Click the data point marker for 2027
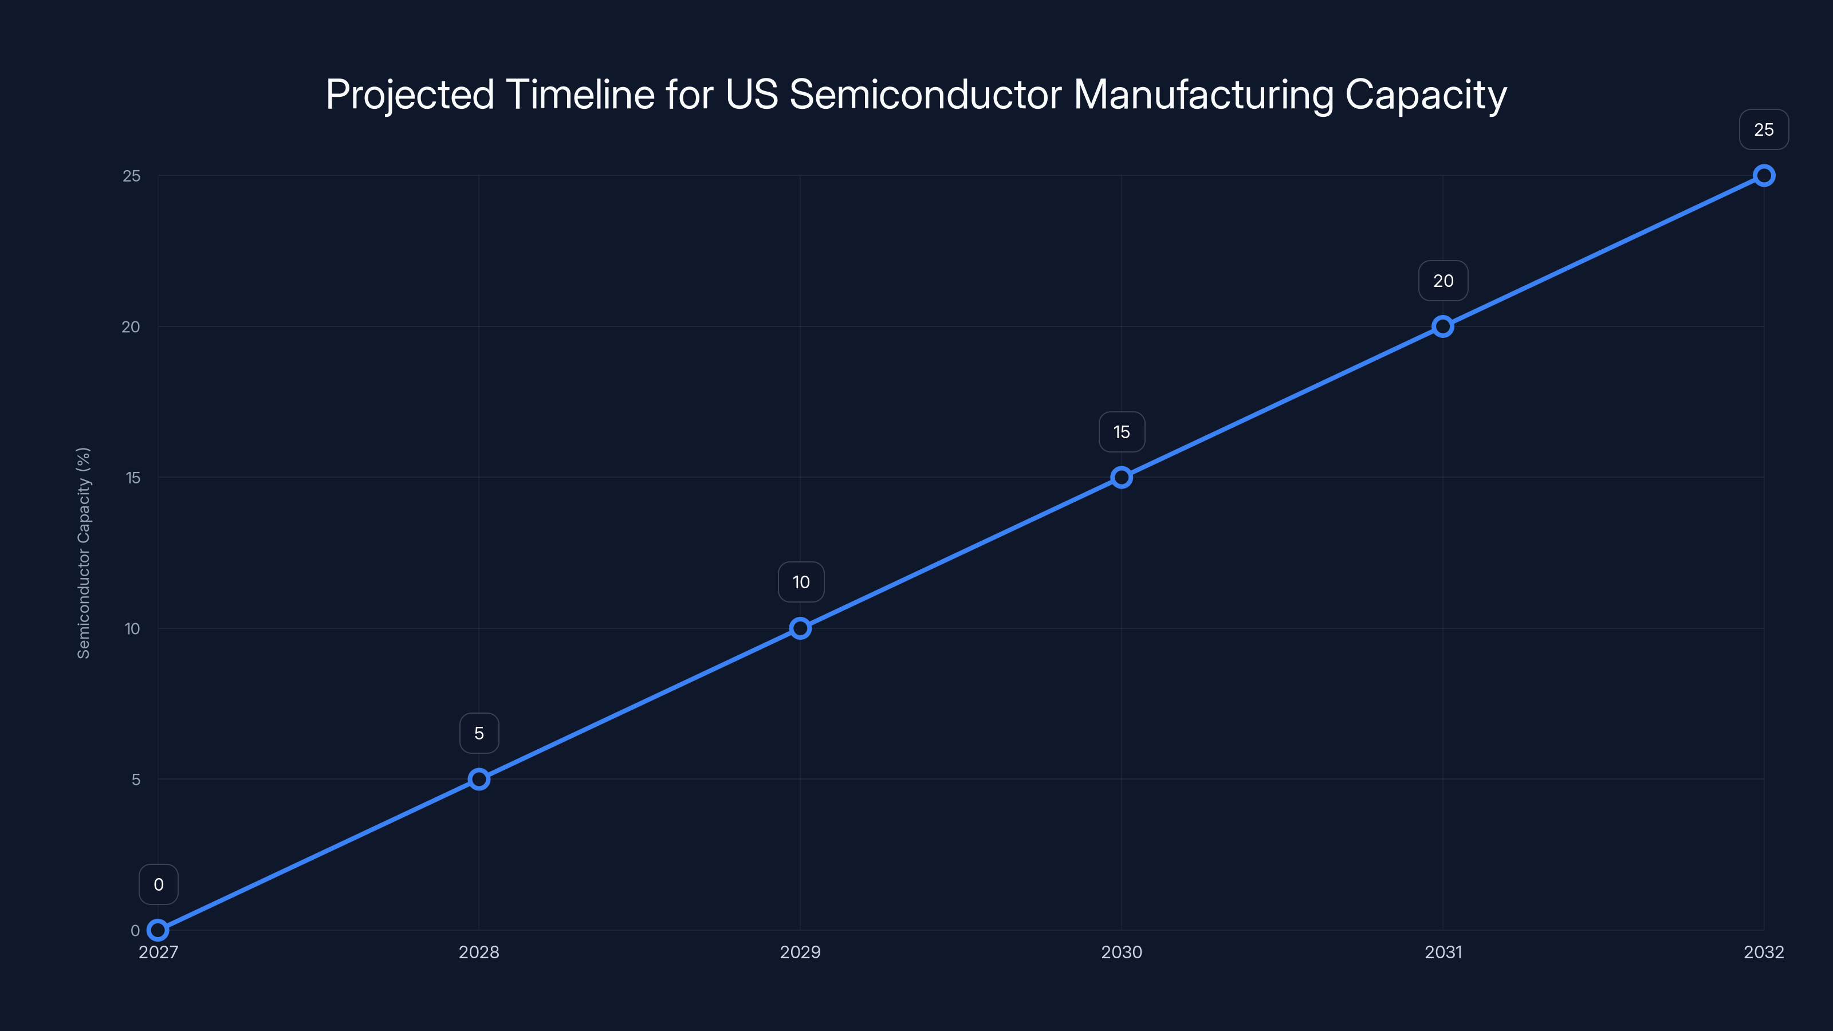[158, 930]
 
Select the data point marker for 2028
[479, 779]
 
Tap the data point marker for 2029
[801, 628]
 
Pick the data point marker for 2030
[1122, 478]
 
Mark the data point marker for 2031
[1443, 326]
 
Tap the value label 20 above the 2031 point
[1443, 281]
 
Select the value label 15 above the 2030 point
[1122, 432]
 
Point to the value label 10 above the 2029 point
[801, 582]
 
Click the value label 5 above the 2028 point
[479, 734]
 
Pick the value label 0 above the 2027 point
[159, 884]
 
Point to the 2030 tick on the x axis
[1122, 952]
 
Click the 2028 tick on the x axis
[479, 952]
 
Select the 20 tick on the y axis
[131, 326]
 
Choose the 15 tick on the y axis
[133, 478]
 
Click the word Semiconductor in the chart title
[925, 95]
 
